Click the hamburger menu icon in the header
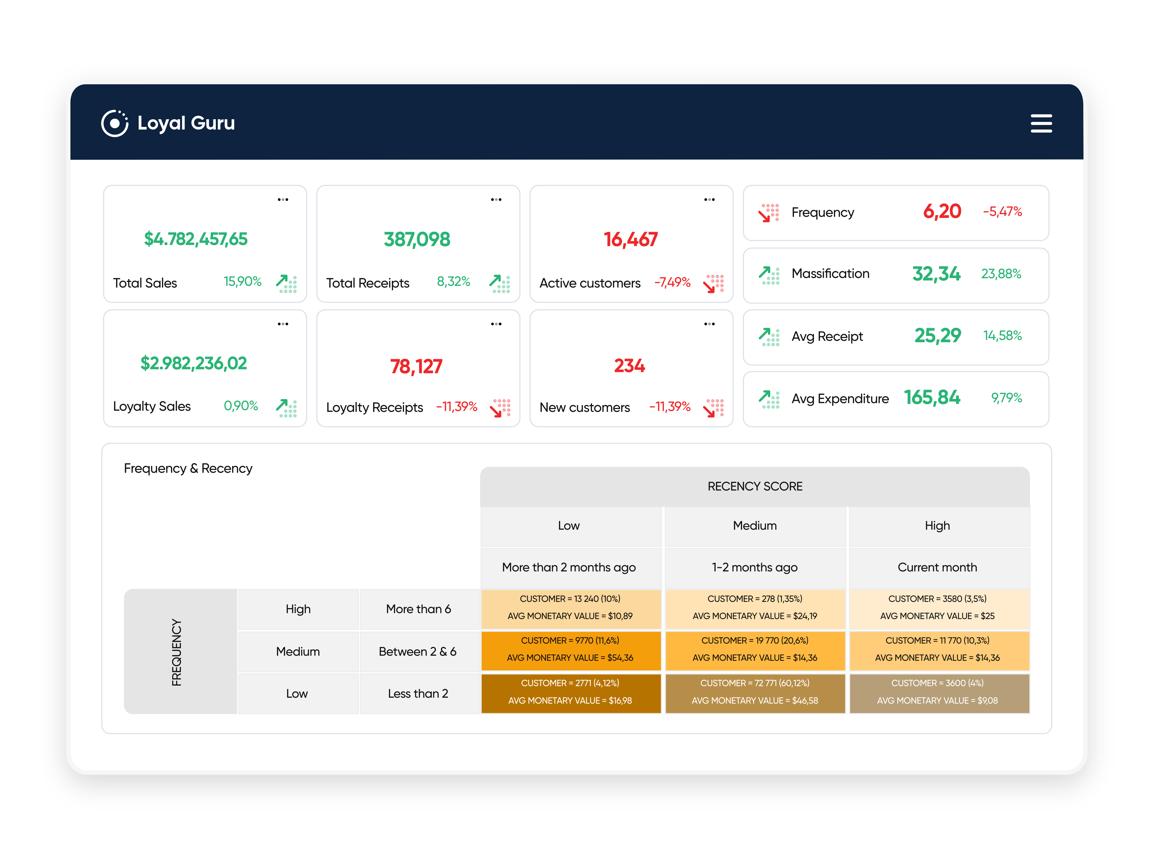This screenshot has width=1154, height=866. (1041, 124)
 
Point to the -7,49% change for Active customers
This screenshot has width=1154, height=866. (672, 282)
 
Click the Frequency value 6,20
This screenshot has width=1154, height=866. (942, 211)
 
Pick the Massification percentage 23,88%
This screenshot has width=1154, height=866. (1001, 273)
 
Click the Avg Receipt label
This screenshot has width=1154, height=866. (827, 336)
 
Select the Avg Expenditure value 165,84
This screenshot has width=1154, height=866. (932, 398)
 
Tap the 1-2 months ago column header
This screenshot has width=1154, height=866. (754, 567)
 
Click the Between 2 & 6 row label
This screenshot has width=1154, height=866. (417, 651)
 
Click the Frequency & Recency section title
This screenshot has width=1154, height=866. (188, 468)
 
